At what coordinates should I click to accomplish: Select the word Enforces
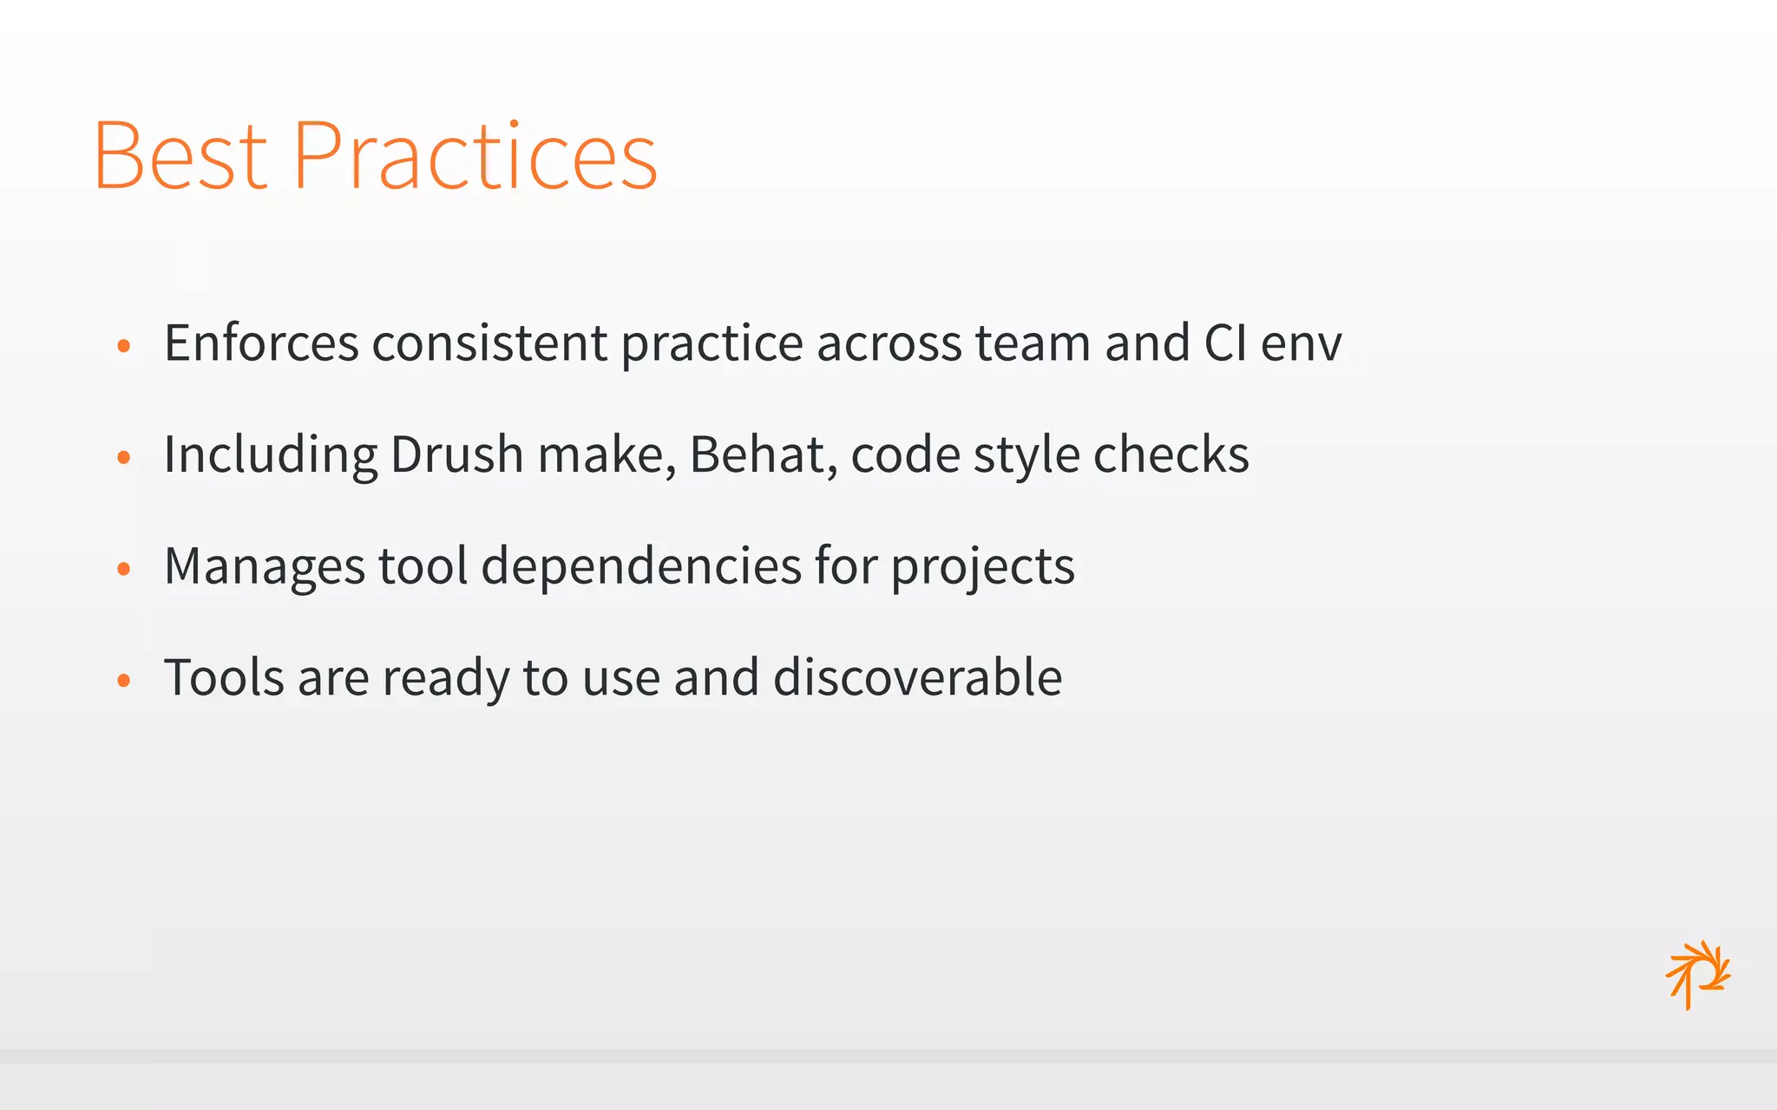261,343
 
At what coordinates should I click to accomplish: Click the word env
1301,344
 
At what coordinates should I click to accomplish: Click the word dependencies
641,566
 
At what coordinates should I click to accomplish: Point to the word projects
982,568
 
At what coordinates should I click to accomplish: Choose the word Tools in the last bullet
224,677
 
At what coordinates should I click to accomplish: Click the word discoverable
917,677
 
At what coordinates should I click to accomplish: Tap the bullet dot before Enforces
123,346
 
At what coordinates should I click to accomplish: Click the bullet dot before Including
123,458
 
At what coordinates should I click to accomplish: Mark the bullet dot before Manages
123,569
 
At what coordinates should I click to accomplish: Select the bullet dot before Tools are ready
123,681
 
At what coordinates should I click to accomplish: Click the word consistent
489,343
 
